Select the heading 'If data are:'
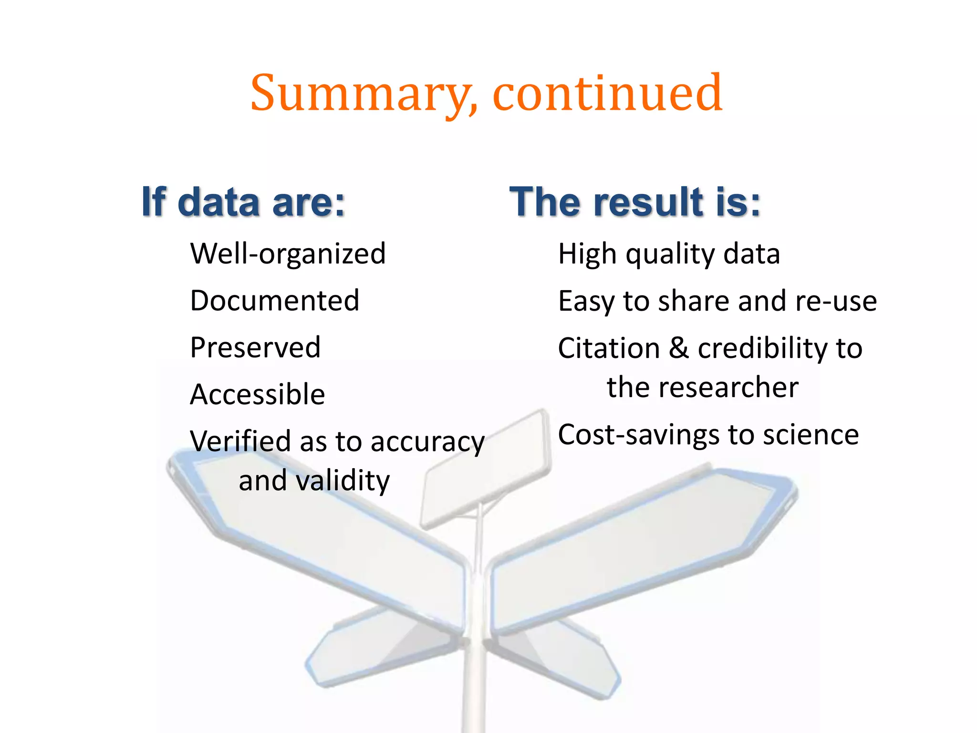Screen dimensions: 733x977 pos(243,202)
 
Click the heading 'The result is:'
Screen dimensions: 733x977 pos(635,202)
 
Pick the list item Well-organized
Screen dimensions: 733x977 pos(288,253)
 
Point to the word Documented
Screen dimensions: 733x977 pos(274,301)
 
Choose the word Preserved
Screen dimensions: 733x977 pos(255,347)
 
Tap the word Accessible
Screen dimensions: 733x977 pos(257,395)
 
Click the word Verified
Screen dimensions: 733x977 pos(240,441)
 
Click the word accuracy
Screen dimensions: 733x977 pos(427,442)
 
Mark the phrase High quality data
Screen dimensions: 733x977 pos(669,254)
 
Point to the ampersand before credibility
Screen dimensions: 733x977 pos(678,348)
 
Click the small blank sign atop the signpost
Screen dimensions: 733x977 pos(486,470)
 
